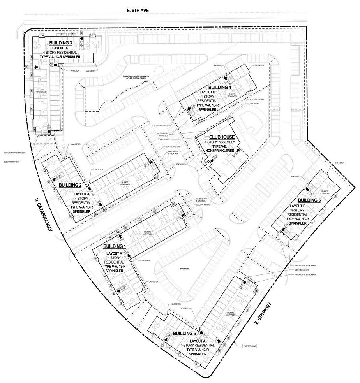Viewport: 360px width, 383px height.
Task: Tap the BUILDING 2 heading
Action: pos(70,185)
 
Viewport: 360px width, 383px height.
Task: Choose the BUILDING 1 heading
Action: pos(115,246)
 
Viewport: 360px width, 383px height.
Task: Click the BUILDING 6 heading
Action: pos(184,334)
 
